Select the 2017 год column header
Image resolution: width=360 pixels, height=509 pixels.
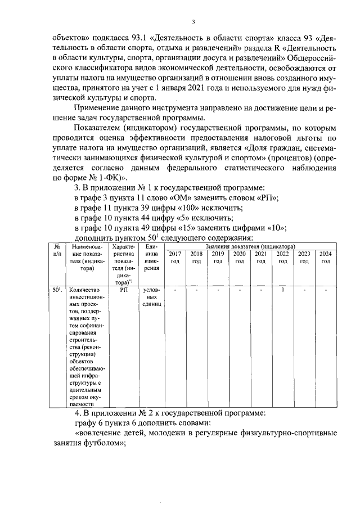[175, 257]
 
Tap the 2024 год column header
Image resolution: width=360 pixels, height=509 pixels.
[326, 257]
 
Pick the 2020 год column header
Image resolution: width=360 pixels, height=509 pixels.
[240, 257]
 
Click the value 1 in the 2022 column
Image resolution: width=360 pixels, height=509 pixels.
[282, 290]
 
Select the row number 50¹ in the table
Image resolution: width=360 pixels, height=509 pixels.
[57, 291]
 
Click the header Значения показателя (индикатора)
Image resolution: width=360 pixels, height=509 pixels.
[250, 246]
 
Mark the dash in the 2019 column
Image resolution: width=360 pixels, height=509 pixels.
[218, 290]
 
